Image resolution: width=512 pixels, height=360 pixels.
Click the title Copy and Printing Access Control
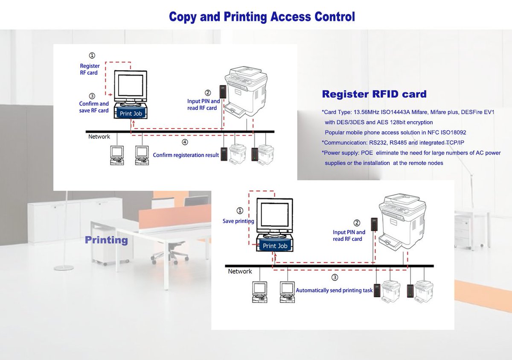(x=262, y=17)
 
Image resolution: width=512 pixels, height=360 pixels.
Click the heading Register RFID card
(x=374, y=94)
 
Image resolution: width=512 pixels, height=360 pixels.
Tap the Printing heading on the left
(x=106, y=240)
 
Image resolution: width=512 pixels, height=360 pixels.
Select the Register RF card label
(x=90, y=69)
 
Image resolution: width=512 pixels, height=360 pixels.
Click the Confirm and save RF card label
(x=94, y=107)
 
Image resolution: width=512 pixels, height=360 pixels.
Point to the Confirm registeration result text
(x=186, y=155)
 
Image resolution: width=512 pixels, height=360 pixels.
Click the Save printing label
(x=238, y=221)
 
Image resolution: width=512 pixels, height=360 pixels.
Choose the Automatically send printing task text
(x=334, y=290)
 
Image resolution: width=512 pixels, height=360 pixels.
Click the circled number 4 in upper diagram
(x=184, y=142)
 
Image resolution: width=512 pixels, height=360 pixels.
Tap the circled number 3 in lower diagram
(x=335, y=278)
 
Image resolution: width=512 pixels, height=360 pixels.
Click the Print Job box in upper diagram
(x=131, y=114)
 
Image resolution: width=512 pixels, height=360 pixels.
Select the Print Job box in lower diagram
(x=275, y=246)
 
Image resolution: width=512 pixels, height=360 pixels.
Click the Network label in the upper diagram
(x=99, y=137)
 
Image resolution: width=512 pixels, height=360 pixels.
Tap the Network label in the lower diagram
(x=240, y=272)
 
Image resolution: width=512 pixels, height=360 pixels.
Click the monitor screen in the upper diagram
(x=130, y=85)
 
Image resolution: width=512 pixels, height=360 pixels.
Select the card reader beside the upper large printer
(x=223, y=91)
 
